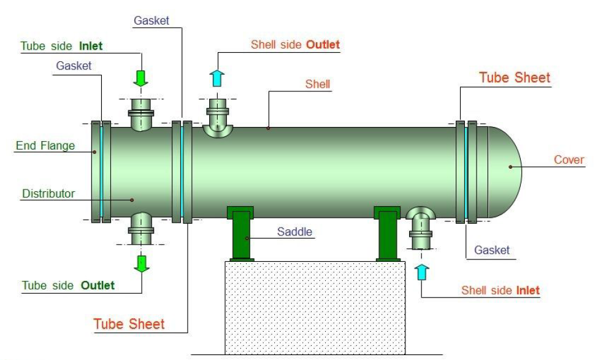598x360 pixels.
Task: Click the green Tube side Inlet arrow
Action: coord(142,78)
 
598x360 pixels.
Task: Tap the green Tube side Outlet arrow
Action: coord(142,262)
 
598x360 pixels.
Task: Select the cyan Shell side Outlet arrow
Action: coord(218,79)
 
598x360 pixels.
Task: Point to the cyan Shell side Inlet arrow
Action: coord(421,271)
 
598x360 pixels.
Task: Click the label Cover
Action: coord(569,160)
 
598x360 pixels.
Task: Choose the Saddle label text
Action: coord(294,232)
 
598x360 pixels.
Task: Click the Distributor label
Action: coord(48,194)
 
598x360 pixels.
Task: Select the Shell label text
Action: coord(318,84)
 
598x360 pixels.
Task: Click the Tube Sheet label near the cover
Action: coord(515,78)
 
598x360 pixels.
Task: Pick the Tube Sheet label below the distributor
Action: coord(129,323)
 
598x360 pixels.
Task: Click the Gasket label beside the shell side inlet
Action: coord(492,250)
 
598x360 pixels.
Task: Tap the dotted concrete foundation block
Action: coord(314,307)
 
